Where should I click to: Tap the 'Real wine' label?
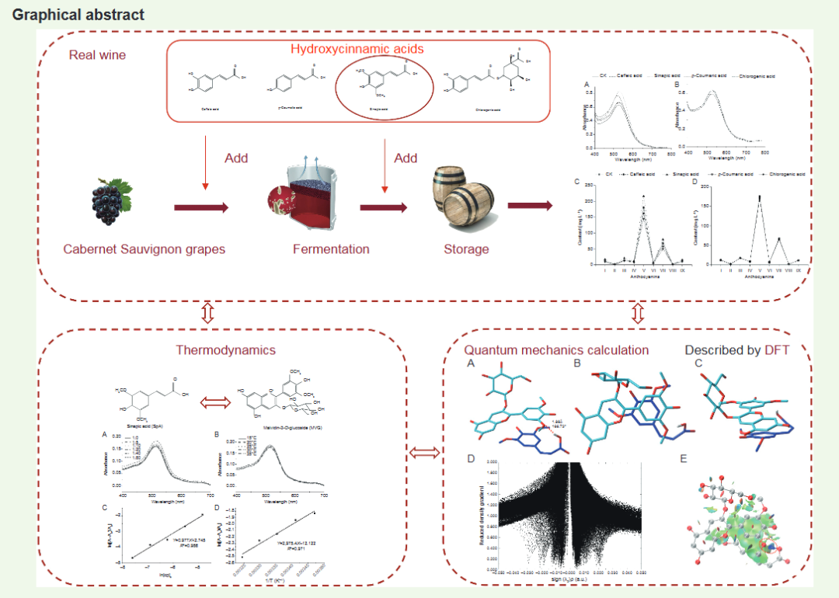coord(96,55)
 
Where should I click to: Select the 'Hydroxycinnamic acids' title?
coord(357,49)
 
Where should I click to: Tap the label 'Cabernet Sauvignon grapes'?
coord(144,249)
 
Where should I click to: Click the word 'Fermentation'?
coord(331,249)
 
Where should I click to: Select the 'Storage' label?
coord(466,249)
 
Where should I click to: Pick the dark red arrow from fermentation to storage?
coord(384,207)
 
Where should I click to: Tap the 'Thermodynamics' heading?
coord(226,350)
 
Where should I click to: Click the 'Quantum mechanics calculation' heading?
coord(556,350)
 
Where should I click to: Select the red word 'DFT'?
coord(777,350)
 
